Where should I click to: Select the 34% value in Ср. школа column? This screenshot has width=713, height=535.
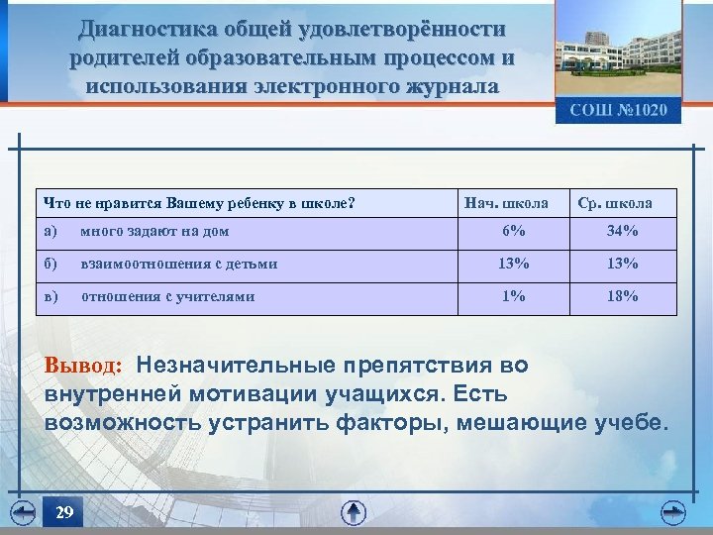tap(623, 232)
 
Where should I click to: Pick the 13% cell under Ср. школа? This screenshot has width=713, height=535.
tap(623, 265)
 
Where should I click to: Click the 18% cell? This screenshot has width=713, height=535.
tap(623, 296)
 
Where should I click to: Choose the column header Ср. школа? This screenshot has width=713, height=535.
tap(615, 203)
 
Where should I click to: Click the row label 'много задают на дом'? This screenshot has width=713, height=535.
tap(155, 232)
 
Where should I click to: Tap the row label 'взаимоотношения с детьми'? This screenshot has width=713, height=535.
tap(179, 265)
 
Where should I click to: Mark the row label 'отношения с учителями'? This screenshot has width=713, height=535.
tap(167, 296)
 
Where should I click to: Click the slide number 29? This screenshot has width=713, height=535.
tap(64, 512)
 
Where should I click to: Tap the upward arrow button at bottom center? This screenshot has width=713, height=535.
tap(354, 512)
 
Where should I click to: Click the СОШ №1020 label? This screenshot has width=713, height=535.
tap(618, 110)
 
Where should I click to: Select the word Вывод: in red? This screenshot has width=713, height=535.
tap(84, 367)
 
